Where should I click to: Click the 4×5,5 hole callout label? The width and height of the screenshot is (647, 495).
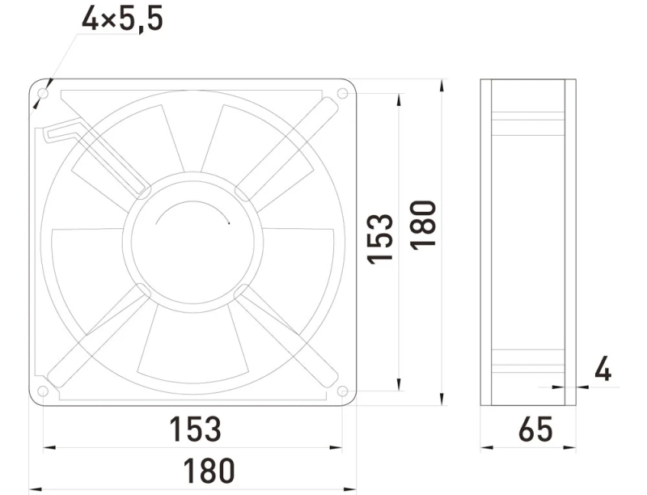123,19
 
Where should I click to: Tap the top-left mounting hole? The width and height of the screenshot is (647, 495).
43,93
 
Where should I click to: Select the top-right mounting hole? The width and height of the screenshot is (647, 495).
342,93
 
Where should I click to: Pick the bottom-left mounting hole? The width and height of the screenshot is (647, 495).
43,391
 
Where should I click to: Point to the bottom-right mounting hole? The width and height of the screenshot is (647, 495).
342,391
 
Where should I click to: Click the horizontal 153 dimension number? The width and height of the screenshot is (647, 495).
195,429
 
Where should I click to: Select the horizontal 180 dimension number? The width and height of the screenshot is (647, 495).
209,470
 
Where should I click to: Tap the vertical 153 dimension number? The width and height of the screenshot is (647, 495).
380,239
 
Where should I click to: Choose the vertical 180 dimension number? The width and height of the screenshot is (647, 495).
423,225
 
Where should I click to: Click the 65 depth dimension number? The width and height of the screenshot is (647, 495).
535,429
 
